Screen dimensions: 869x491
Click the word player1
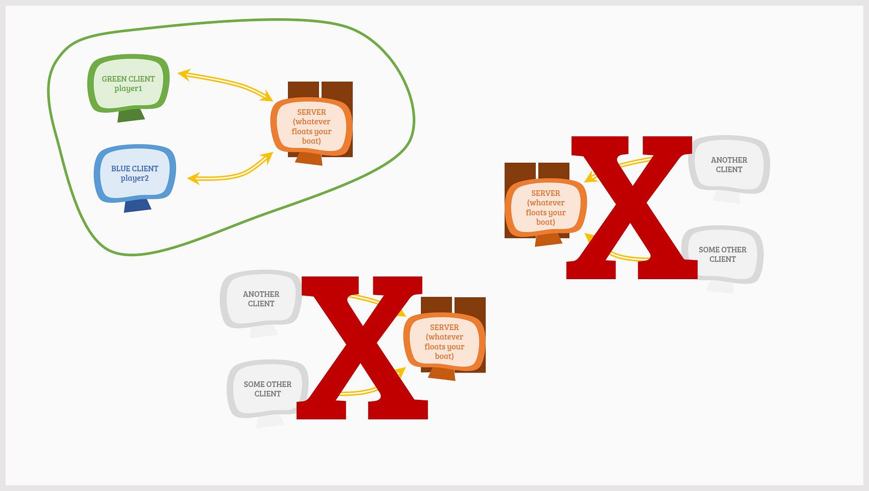(x=128, y=89)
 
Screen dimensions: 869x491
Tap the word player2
(x=135, y=178)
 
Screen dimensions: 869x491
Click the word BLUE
(x=120, y=168)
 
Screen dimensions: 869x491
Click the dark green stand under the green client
(x=131, y=115)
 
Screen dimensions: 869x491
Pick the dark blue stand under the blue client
(x=137, y=206)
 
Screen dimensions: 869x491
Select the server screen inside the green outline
(x=311, y=126)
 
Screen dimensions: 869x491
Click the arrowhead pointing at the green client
(x=183, y=74)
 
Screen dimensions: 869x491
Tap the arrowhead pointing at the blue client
(x=193, y=178)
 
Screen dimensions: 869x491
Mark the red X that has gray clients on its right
(x=632, y=208)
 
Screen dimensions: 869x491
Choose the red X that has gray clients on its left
(x=362, y=347)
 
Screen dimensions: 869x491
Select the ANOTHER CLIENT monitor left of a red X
(x=261, y=299)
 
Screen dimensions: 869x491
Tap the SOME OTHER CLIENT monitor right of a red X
(x=722, y=254)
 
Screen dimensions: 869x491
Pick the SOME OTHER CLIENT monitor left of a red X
(x=267, y=389)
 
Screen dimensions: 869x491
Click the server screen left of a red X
(x=545, y=208)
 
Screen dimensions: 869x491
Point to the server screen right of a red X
(x=444, y=342)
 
